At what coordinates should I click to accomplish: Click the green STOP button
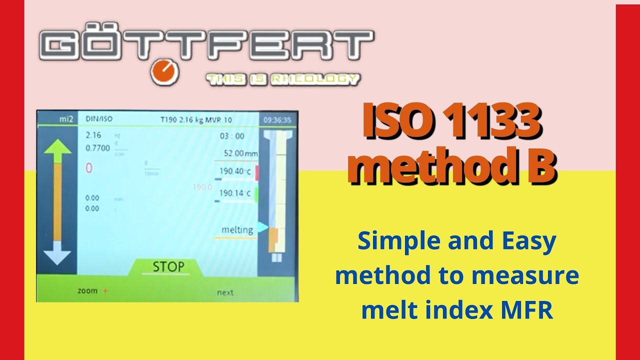168,267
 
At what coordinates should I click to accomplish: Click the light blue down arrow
57,252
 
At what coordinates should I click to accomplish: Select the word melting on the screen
237,230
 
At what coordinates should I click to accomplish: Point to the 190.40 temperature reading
234,171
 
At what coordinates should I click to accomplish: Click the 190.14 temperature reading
234,193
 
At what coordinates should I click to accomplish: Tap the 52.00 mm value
241,153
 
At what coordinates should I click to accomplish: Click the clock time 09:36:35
277,120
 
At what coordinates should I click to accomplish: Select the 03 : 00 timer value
232,136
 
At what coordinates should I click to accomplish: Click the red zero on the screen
89,168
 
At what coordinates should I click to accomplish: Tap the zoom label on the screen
88,290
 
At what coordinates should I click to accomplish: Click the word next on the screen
225,292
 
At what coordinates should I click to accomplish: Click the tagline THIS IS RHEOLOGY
282,79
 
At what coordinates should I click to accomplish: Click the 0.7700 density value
97,148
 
